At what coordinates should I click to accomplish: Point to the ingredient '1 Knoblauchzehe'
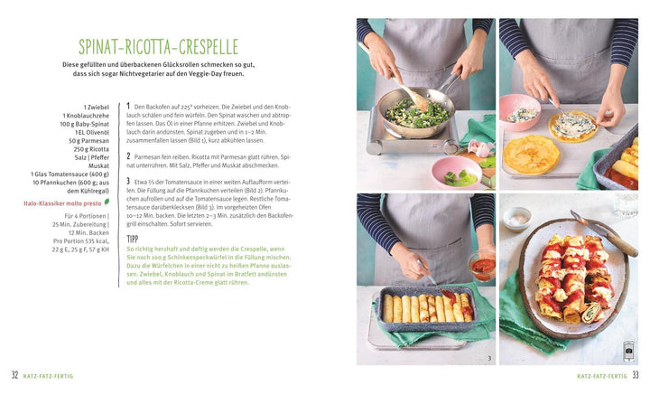[x=88, y=115]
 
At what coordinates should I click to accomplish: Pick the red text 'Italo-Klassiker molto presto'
[x=63, y=204]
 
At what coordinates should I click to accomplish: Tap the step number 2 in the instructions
[x=128, y=155]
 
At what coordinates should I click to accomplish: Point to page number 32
[x=14, y=375]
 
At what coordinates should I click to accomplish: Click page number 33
[x=635, y=375]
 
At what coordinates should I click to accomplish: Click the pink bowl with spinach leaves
[x=456, y=171]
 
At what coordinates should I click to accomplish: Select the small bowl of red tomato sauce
[x=481, y=267]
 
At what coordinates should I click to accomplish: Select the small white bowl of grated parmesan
[x=517, y=217]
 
